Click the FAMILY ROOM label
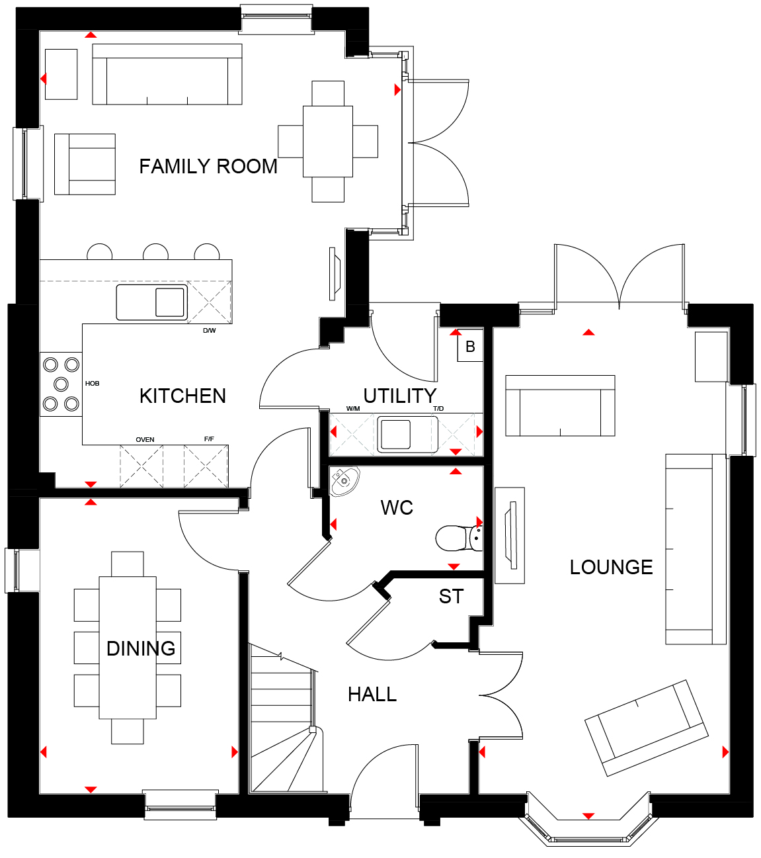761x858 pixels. [x=208, y=167]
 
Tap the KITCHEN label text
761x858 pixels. [x=183, y=396]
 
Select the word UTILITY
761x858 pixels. [x=400, y=396]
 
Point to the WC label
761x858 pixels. [x=397, y=508]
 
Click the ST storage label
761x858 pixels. [x=451, y=597]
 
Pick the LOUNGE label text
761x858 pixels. [x=611, y=568]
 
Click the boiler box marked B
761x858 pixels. [x=470, y=345]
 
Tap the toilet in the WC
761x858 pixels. [x=459, y=538]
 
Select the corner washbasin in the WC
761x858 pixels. [x=344, y=481]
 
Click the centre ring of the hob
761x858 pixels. [x=61, y=384]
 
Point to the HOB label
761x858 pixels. [x=93, y=384]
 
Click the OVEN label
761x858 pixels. [x=145, y=440]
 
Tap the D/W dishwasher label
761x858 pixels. [x=210, y=331]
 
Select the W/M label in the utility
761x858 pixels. [x=353, y=409]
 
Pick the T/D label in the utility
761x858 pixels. [x=438, y=409]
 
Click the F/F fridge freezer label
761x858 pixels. [x=209, y=439]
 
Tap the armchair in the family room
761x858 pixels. [x=85, y=164]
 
